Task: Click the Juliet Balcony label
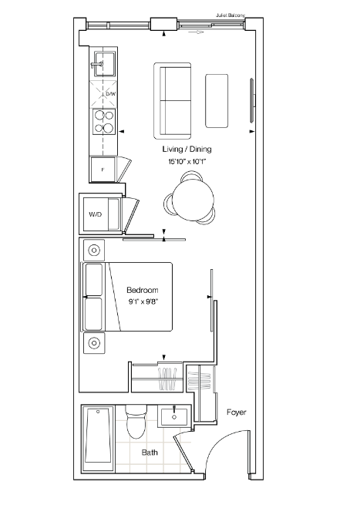[x=230, y=15]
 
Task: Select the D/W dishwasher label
[x=110, y=94]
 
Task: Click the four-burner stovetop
[x=104, y=121]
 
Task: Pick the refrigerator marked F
[x=103, y=170]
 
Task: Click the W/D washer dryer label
[x=96, y=214]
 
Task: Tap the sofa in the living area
[x=173, y=101]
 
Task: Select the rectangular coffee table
[x=217, y=100]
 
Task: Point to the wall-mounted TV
[x=252, y=100]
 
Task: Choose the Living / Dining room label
[x=187, y=149]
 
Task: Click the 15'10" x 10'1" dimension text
[x=187, y=161]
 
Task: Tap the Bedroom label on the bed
[x=143, y=290]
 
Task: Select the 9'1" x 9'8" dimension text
[x=143, y=302]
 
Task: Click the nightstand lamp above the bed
[x=94, y=251]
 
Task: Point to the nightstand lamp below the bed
[x=94, y=343]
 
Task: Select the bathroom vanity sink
[x=174, y=416]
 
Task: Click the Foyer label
[x=237, y=412]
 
